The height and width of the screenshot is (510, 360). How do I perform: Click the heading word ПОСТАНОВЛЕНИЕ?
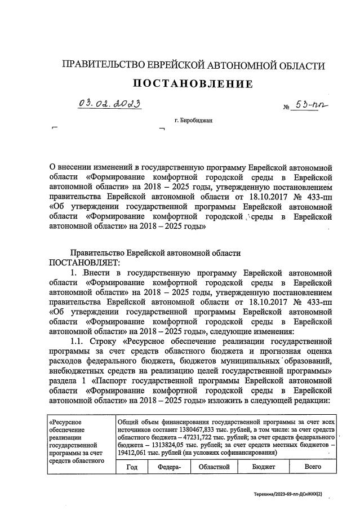pos(193,85)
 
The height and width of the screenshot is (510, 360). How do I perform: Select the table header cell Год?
pos(132,467)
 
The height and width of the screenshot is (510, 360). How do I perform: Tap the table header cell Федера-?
pos(169,467)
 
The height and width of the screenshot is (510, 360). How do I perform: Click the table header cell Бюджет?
pos(263,467)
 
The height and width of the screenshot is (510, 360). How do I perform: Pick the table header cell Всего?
pos(313,467)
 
